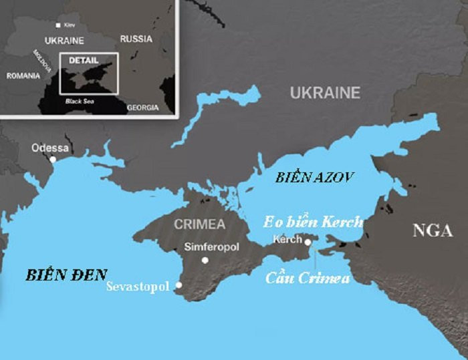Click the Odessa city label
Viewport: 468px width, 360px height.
point(50,148)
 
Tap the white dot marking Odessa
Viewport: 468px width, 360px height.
point(53,159)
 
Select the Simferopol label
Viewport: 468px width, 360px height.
point(211,248)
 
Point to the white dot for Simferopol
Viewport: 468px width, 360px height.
point(205,260)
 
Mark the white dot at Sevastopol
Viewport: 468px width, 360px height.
point(179,285)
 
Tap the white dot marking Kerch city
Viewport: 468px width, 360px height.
point(308,242)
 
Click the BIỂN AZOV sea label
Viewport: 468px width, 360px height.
point(314,178)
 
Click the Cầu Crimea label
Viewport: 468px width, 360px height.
point(308,279)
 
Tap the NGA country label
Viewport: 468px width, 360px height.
point(433,231)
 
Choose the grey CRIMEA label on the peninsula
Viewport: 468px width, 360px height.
point(199,224)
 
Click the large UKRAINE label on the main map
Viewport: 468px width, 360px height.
point(325,93)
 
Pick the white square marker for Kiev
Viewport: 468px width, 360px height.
point(58,24)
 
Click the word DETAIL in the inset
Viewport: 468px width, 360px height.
point(83,60)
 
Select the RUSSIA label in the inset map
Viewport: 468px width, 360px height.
point(136,39)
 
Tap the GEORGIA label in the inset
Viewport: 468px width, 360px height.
point(142,107)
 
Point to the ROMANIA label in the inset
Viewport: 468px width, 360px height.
point(23,75)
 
